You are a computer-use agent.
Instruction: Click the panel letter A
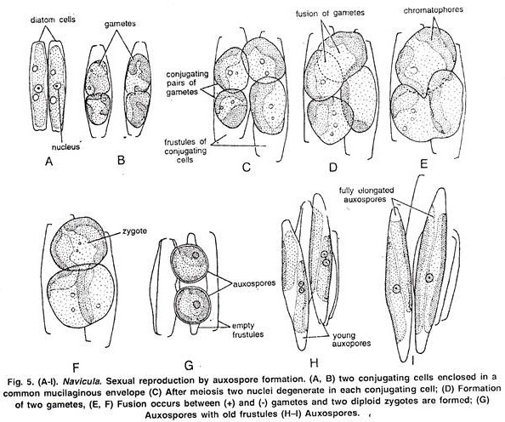[49, 161]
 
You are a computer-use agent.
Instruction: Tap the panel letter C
[246, 168]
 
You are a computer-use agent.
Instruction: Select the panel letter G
[189, 365]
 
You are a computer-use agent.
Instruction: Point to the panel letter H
[314, 363]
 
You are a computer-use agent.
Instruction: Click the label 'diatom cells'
[53, 20]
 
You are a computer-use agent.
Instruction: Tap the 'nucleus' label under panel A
[65, 147]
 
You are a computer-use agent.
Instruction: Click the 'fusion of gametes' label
[330, 14]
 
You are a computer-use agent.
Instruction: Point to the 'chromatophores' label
[434, 10]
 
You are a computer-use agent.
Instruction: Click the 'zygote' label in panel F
[134, 231]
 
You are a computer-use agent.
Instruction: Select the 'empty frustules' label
[248, 330]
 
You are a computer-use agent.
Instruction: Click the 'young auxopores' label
[351, 339]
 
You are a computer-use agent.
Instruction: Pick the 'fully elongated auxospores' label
[366, 195]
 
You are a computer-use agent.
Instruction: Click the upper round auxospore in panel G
[190, 264]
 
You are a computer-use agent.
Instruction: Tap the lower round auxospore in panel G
[193, 305]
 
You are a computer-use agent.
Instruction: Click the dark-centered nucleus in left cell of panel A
[38, 88]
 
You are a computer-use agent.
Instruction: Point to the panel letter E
[424, 164]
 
